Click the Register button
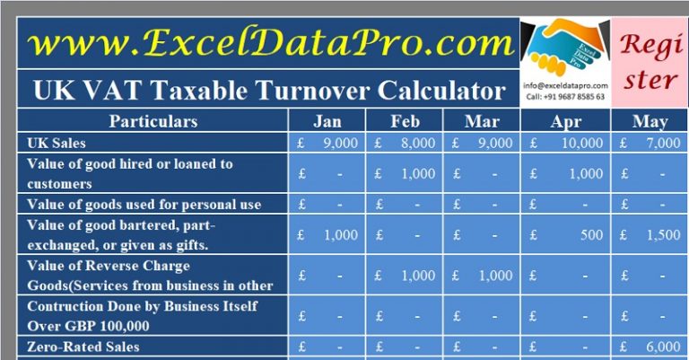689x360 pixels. click(650, 62)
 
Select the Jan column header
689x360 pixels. click(327, 122)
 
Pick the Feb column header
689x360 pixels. click(406, 122)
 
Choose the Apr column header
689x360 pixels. click(564, 122)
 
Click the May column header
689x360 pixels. click(650, 122)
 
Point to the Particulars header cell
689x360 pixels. click(153, 121)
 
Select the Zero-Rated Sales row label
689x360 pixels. click(83, 347)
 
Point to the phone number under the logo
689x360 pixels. click(564, 97)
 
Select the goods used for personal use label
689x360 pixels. click(144, 205)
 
